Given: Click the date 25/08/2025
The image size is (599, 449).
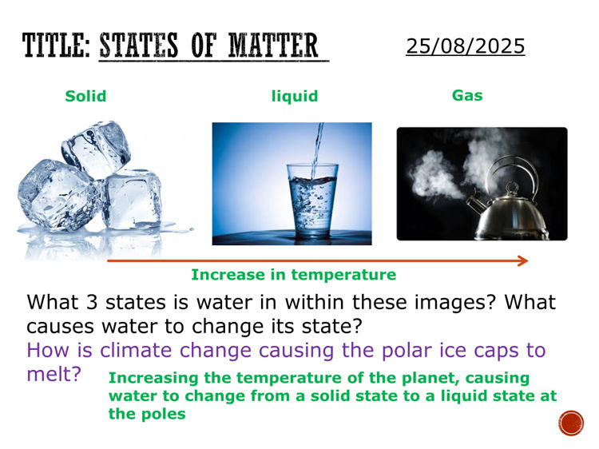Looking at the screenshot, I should tap(465, 46).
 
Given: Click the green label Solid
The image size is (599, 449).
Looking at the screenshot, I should tap(85, 97).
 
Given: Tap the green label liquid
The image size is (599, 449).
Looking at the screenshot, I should tap(295, 97).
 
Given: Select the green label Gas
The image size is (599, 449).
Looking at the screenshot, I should tap(467, 96).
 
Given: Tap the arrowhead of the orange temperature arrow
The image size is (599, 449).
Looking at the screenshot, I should tap(522, 260).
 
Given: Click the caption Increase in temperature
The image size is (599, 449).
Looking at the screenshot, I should tap(293, 275).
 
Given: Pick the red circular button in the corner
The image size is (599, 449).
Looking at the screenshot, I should tap(571, 423).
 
